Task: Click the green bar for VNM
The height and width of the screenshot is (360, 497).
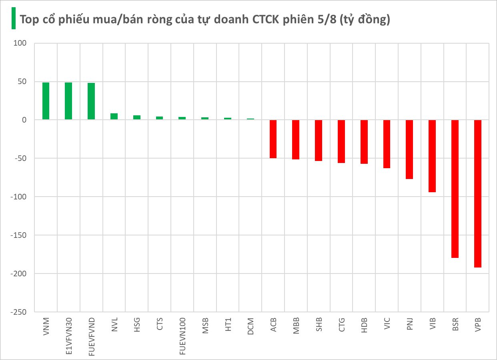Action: [x=46, y=101]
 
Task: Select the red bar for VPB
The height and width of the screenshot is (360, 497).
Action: [x=478, y=193]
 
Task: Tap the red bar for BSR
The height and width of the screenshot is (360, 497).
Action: [x=455, y=189]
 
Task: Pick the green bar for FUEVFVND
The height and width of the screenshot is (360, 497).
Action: [x=91, y=101]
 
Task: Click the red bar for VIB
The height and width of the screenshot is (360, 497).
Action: [x=432, y=156]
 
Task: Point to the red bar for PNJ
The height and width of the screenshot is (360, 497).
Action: [x=409, y=149]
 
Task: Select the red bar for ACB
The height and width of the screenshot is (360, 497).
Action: [x=273, y=139]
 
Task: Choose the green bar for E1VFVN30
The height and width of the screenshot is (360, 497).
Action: [x=68, y=101]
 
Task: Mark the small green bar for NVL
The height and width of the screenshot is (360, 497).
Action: [x=114, y=117]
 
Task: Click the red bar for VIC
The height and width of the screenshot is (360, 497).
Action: [x=387, y=144]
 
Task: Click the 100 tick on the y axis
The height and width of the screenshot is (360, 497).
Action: [x=20, y=43]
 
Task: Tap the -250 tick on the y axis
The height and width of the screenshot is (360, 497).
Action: [x=18, y=312]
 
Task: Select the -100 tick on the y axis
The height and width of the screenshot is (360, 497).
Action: [x=18, y=197]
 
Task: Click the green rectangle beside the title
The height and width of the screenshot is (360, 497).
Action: [x=13, y=18]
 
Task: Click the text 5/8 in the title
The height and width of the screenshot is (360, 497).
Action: [x=327, y=19]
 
